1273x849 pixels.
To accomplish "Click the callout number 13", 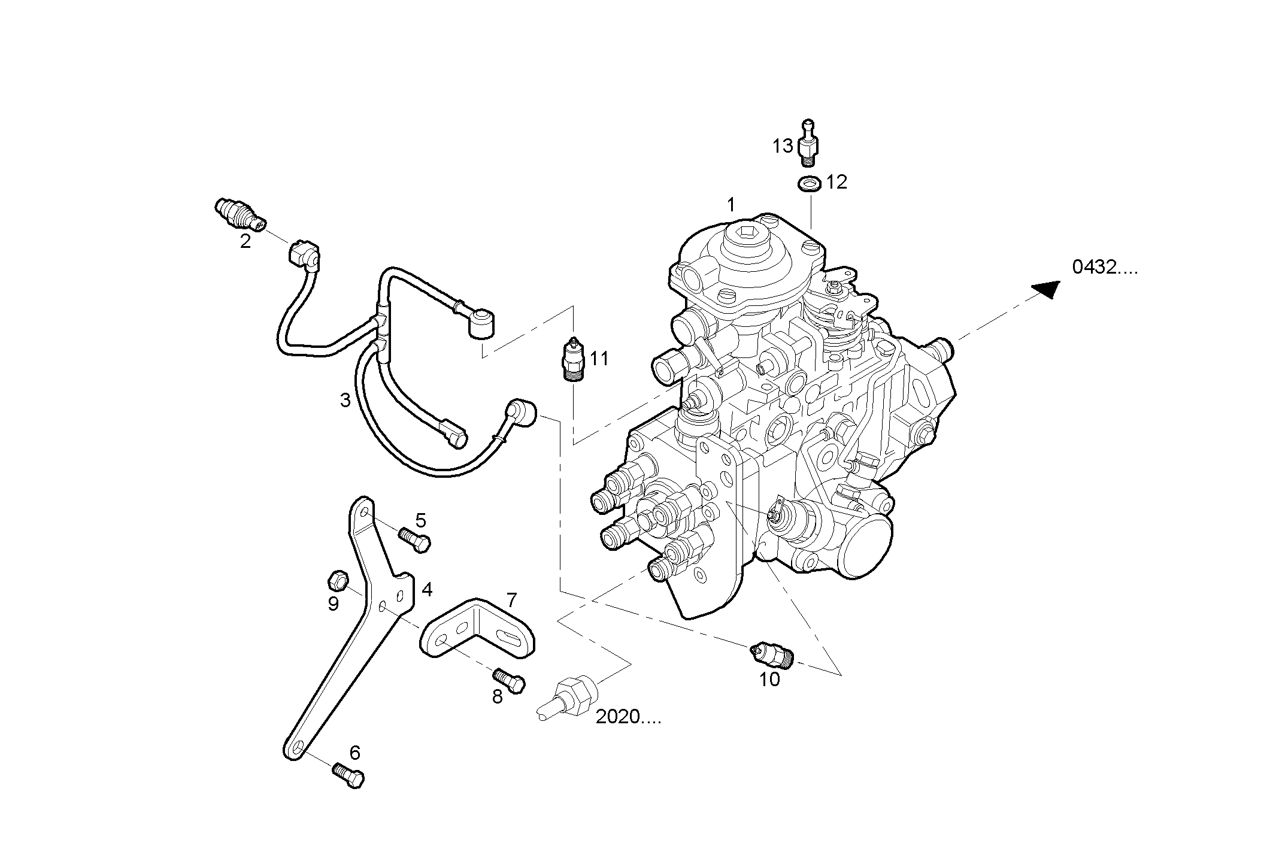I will (782, 145).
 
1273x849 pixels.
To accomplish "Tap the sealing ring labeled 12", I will (810, 183).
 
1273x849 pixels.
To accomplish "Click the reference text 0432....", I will (1104, 268).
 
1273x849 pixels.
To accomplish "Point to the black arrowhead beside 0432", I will (1047, 289).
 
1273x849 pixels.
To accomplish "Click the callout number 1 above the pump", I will (731, 205).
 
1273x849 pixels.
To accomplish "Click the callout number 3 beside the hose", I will (345, 400).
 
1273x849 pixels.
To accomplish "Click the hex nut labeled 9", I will (337, 580).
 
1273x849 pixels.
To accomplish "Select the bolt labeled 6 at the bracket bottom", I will (348, 775).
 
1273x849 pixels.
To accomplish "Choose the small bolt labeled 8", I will (509, 680).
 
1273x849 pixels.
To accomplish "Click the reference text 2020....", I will (628, 717).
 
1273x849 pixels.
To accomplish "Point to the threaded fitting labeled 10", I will (773, 654).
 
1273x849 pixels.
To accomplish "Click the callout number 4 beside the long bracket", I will (426, 590).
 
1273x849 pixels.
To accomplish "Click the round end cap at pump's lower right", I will (866, 547).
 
